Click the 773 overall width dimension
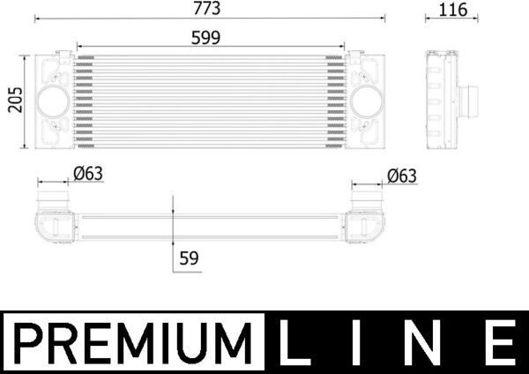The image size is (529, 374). click(x=208, y=9)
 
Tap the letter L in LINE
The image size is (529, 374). click(x=294, y=343)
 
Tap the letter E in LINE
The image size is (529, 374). click(x=501, y=343)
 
